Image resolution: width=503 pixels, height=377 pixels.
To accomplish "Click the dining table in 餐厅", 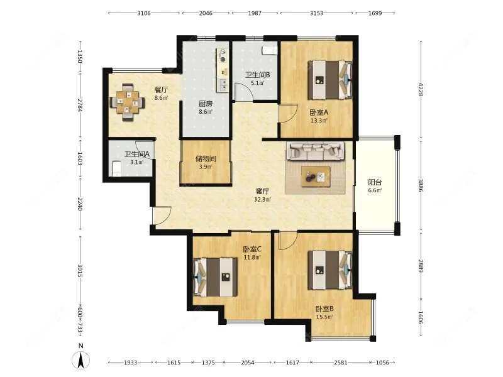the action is coord(128,102).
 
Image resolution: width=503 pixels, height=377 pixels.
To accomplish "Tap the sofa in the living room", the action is coord(316,151).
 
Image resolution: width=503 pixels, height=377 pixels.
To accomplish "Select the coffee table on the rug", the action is coord(316,177).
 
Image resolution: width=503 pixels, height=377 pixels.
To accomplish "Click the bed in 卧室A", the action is coord(329,80).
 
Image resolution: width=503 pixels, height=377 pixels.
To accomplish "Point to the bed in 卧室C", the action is coord(216,277).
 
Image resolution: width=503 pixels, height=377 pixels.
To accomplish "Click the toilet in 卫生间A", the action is coord(116,168).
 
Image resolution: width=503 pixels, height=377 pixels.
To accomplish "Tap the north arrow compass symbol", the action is coord(81,358).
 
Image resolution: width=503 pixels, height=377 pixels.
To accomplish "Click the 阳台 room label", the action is coord(375,182).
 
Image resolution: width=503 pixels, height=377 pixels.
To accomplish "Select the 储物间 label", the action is coord(206,159).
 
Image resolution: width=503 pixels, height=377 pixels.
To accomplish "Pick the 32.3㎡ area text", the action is coord(262,199).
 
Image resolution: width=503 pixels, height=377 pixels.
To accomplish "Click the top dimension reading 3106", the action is coord(144,13).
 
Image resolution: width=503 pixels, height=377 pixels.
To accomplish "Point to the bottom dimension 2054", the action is coord(248,363).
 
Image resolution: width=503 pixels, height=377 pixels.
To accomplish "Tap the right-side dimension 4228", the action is coord(421,89).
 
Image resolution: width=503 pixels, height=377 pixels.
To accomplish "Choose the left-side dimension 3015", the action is coord(80,271).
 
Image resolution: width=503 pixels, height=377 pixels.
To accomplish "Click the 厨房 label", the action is coord(206,104).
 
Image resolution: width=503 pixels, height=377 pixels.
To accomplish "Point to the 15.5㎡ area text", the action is coord(324,317).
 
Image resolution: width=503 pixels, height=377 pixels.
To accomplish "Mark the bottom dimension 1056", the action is coord(382,363).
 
